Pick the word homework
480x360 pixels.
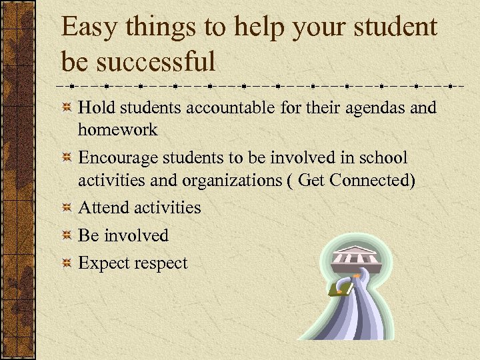117,129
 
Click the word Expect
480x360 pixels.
103,263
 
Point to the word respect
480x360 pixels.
161,263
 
